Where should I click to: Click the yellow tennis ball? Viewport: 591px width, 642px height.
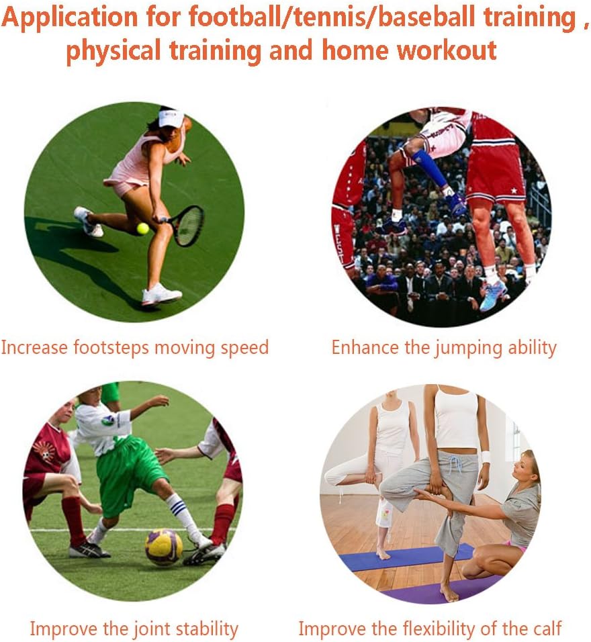[142, 228]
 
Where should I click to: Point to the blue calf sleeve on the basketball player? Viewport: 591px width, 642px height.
[430, 169]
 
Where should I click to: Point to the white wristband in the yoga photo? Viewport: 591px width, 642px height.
[485, 457]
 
